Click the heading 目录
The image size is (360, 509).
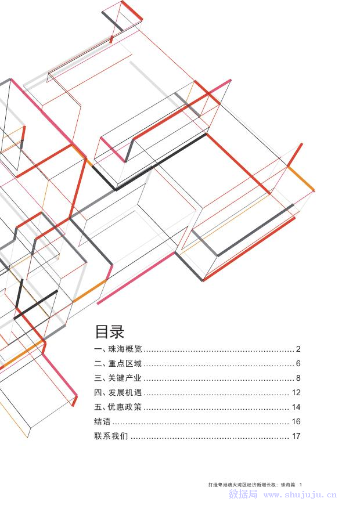(110, 332)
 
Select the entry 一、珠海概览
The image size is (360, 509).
(118, 349)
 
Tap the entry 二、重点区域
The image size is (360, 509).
(118, 364)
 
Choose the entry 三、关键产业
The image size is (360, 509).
(118, 378)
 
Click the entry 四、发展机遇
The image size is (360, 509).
(118, 393)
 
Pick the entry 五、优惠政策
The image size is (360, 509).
(118, 407)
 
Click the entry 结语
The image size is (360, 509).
(102, 422)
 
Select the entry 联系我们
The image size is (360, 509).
(110, 436)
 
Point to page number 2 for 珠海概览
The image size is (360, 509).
(298, 349)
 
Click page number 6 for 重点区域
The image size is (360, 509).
(298, 364)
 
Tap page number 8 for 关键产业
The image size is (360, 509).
(298, 378)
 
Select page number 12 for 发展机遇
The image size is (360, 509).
(296, 393)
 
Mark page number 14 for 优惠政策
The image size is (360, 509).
(296, 407)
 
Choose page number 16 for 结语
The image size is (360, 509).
(296, 422)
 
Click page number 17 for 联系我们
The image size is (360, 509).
(296, 436)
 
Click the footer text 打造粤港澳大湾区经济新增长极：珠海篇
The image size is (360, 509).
(251, 484)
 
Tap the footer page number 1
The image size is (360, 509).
(301, 484)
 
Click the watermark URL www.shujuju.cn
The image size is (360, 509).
(300, 495)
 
